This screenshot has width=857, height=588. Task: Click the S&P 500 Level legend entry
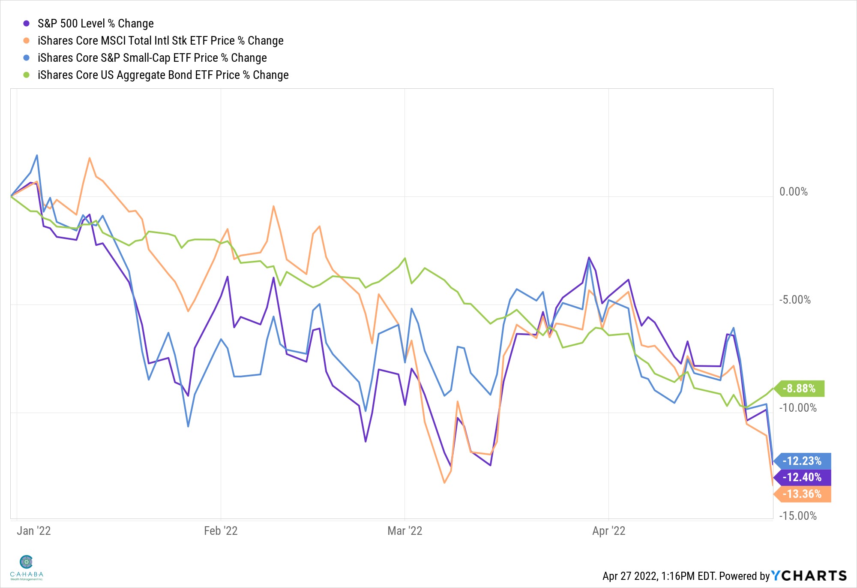point(95,24)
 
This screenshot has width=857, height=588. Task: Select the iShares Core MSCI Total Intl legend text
point(160,41)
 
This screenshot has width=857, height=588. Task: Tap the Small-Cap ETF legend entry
point(152,58)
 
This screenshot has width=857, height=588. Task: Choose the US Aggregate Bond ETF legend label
point(163,75)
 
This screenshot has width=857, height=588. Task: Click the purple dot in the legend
point(27,24)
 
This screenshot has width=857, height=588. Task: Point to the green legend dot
point(27,75)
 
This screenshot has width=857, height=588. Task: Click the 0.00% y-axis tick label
point(793,192)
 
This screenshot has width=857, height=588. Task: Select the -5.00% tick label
point(794,300)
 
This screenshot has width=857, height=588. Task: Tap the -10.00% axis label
point(797,408)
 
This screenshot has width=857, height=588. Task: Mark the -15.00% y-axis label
point(797,516)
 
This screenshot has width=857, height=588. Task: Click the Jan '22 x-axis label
point(33,531)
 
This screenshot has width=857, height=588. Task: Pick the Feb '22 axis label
point(220,531)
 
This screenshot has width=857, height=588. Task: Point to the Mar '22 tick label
point(405,531)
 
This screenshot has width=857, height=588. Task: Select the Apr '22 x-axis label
point(608,531)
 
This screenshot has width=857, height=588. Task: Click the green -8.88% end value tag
point(800,389)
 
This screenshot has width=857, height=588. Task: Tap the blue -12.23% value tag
point(803,461)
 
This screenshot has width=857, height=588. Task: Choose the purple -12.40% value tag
point(803,477)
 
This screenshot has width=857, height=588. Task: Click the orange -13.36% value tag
point(803,494)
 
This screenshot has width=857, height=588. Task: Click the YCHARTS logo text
point(809,576)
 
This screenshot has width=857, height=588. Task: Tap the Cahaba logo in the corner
point(27,567)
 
